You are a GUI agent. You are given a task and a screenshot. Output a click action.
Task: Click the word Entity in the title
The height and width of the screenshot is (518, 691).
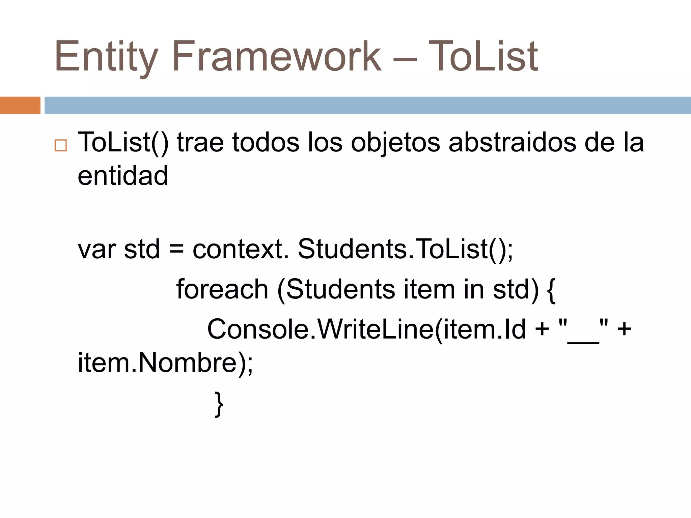106,57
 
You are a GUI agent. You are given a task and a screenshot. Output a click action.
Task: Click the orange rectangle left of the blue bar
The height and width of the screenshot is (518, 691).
20,105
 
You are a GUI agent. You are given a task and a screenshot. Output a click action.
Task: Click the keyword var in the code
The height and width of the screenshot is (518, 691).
97,250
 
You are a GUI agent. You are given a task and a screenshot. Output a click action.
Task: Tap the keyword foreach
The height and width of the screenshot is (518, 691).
222,289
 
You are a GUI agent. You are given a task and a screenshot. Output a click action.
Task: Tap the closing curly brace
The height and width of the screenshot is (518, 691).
219,404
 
